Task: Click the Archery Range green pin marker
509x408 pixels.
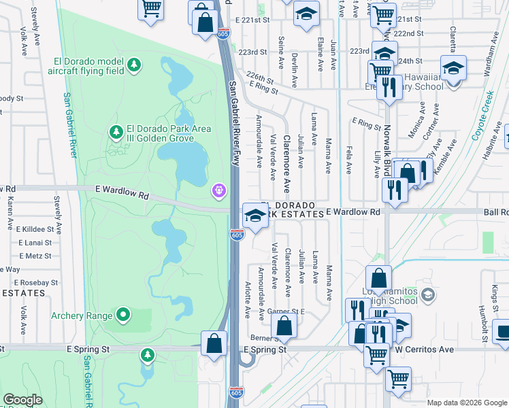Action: tap(122, 314)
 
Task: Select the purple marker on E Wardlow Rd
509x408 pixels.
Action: tap(218, 190)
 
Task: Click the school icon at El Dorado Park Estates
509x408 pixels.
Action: tap(255, 216)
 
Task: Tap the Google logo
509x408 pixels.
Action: tap(22, 400)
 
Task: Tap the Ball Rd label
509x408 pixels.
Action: tap(495, 212)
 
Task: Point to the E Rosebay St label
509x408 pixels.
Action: tap(35, 282)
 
